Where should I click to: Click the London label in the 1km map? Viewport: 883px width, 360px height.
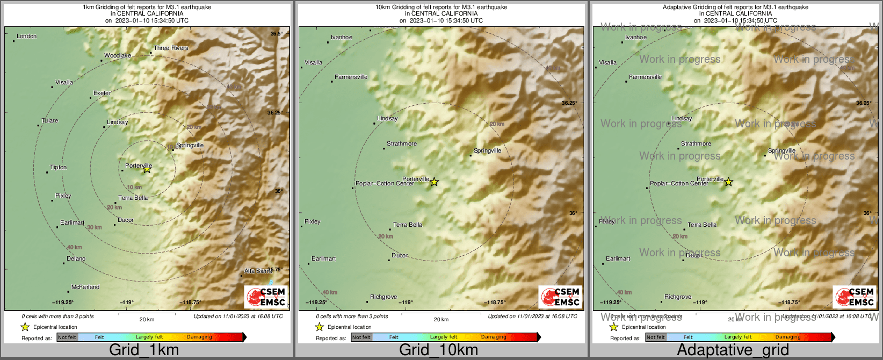[26, 37]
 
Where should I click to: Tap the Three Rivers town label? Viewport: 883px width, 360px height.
[171, 48]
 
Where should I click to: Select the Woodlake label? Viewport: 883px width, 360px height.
[118, 56]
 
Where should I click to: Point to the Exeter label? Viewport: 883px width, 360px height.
[102, 93]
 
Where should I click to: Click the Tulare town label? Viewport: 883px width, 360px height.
[50, 121]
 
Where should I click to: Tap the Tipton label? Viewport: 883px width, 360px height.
[58, 168]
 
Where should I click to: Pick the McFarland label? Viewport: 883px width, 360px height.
[85, 287]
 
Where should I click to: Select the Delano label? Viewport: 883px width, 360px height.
[76, 259]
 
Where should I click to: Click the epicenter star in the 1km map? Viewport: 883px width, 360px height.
[147, 170]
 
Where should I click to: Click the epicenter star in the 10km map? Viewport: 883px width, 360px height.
[434, 182]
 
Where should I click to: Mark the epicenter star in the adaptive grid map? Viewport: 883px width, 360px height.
[728, 182]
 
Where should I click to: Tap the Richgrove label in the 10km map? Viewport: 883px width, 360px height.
[383, 297]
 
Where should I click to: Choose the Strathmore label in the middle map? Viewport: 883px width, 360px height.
[402, 144]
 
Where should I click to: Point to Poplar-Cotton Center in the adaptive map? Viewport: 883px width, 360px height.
[679, 184]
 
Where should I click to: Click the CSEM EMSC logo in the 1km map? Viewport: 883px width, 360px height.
[266, 297]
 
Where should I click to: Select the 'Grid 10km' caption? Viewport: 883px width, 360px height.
[438, 350]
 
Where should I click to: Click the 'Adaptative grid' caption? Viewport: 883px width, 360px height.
[733, 350]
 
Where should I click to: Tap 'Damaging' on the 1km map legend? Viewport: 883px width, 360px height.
[199, 337]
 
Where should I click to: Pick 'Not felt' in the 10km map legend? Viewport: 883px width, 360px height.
[361, 337]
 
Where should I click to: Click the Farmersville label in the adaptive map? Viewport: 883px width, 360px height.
[645, 77]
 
